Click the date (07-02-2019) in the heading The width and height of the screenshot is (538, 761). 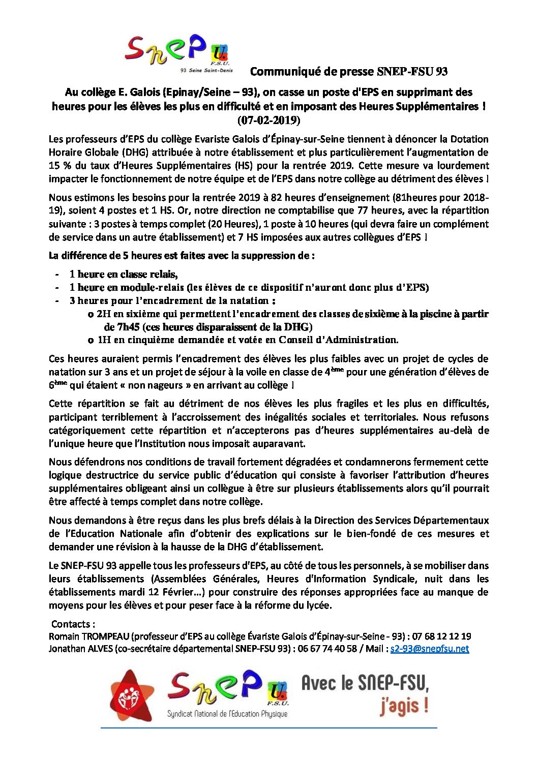tap(268, 120)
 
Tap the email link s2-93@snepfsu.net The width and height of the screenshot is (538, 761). tap(429, 649)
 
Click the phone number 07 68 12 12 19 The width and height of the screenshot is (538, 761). tap(441, 636)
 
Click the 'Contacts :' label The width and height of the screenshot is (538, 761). tap(73, 624)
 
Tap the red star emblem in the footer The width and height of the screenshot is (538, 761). tap(131, 695)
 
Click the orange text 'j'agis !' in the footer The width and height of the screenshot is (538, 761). tap(404, 706)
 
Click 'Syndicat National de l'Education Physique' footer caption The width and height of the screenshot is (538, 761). tap(227, 714)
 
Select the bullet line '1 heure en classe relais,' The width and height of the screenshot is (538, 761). tap(124, 275)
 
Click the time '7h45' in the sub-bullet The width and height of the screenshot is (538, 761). tap(114, 327)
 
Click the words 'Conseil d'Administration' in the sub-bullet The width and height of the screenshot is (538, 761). tap(338, 340)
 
